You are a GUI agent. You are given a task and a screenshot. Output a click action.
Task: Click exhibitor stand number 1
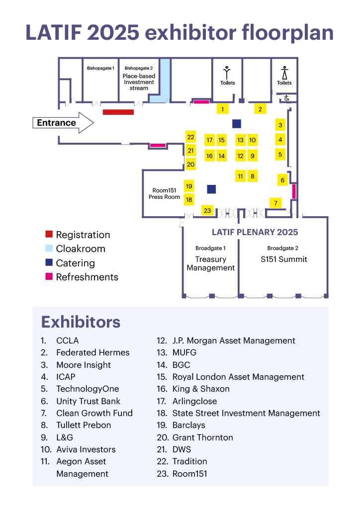click(x=222, y=109)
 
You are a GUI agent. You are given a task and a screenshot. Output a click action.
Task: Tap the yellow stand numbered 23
click(x=207, y=210)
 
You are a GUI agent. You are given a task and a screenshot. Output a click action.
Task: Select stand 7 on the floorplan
click(x=275, y=203)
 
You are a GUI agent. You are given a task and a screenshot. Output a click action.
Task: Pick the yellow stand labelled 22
click(x=190, y=137)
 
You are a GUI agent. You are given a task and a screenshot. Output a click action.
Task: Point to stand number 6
click(x=282, y=180)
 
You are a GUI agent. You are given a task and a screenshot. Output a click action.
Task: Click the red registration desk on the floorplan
click(x=118, y=112)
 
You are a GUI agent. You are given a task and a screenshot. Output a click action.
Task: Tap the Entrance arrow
click(x=63, y=123)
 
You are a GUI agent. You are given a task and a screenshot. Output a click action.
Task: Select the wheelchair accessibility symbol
click(x=286, y=98)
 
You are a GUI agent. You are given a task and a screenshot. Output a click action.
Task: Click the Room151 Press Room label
click(x=164, y=193)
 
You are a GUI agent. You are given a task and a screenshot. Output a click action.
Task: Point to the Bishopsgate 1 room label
click(x=100, y=68)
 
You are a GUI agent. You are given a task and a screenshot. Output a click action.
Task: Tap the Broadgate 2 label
click(x=283, y=248)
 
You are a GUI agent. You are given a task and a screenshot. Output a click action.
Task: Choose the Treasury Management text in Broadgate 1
click(x=211, y=263)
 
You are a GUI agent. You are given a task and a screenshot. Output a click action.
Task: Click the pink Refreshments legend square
click(x=49, y=276)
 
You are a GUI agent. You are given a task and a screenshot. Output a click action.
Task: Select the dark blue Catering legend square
click(x=49, y=262)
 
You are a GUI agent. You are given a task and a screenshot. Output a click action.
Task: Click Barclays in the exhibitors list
click(x=188, y=425)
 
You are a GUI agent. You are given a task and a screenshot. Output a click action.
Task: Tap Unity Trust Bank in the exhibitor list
click(x=89, y=401)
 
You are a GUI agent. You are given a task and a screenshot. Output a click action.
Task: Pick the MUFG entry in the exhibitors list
click(x=184, y=352)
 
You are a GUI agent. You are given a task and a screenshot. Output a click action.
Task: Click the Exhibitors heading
click(x=81, y=322)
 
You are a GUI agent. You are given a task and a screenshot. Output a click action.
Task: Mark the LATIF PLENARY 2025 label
click(x=255, y=232)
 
